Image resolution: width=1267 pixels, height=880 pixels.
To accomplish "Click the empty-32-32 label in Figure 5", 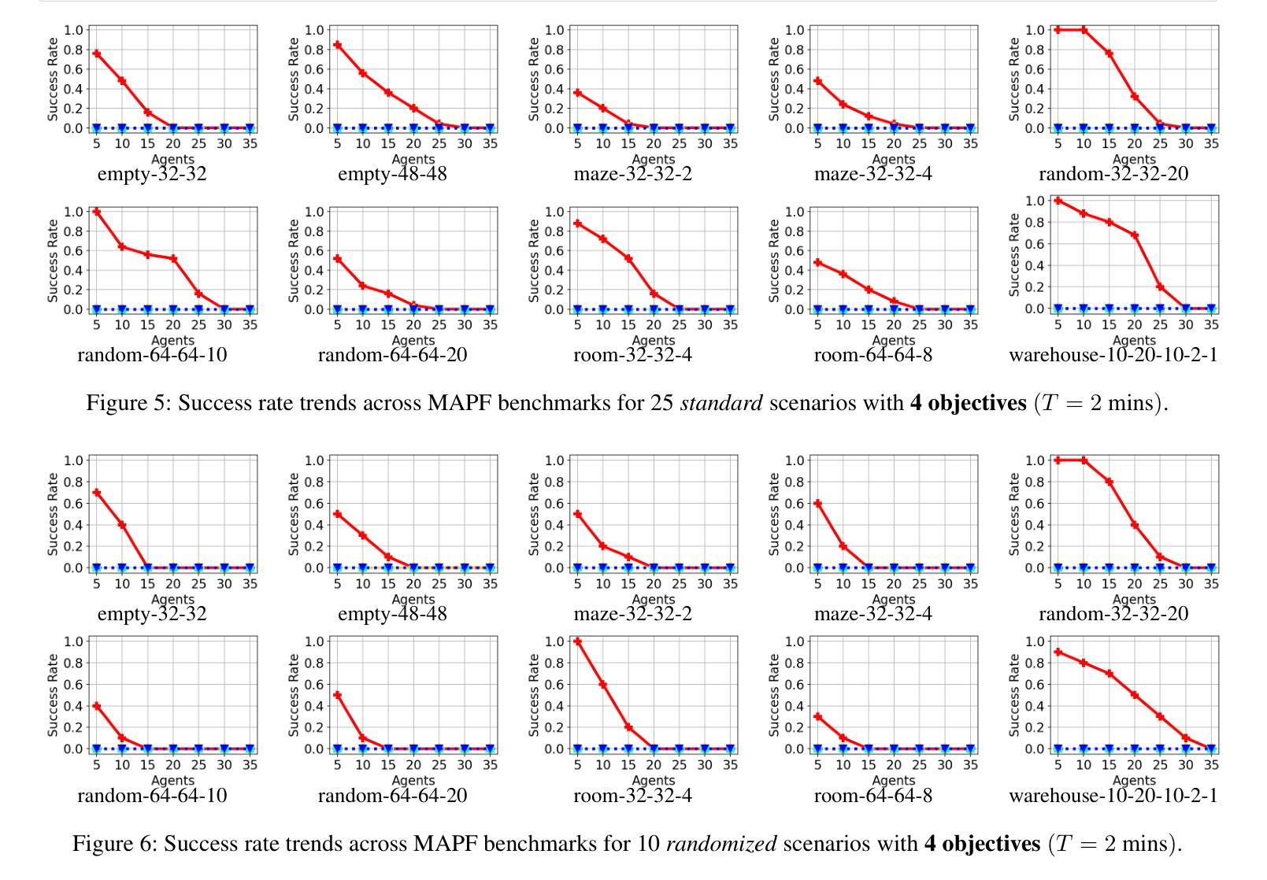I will click(x=152, y=174).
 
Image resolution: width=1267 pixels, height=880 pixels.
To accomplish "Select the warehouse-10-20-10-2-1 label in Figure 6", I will click(x=1113, y=796).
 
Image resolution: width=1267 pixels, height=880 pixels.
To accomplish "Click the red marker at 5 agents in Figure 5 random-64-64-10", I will click(x=97, y=212).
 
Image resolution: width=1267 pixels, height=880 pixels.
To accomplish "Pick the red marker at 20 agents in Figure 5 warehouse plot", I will click(x=1135, y=235).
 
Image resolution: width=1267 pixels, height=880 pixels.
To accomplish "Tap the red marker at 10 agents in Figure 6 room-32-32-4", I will click(x=603, y=685).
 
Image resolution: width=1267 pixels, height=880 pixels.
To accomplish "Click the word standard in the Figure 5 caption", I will click(x=721, y=403).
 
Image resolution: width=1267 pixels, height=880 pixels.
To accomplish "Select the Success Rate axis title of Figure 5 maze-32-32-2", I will click(x=534, y=79).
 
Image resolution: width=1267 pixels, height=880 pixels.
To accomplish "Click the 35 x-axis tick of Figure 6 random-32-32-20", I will click(x=1211, y=583).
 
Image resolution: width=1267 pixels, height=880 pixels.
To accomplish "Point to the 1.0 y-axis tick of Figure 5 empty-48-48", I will click(x=315, y=30).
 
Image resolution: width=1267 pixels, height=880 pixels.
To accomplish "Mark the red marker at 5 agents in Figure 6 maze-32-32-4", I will click(x=818, y=504).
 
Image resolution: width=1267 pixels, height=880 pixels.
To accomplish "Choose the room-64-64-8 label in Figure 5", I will click(x=872, y=355).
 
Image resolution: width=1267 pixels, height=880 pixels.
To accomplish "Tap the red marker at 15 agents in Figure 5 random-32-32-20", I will click(x=1110, y=54).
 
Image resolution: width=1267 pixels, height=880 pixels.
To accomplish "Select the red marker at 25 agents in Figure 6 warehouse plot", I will click(x=1160, y=716).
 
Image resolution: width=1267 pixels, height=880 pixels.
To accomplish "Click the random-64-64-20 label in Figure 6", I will click(x=392, y=796).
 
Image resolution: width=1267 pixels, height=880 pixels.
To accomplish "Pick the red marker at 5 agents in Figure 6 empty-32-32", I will click(x=97, y=493).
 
